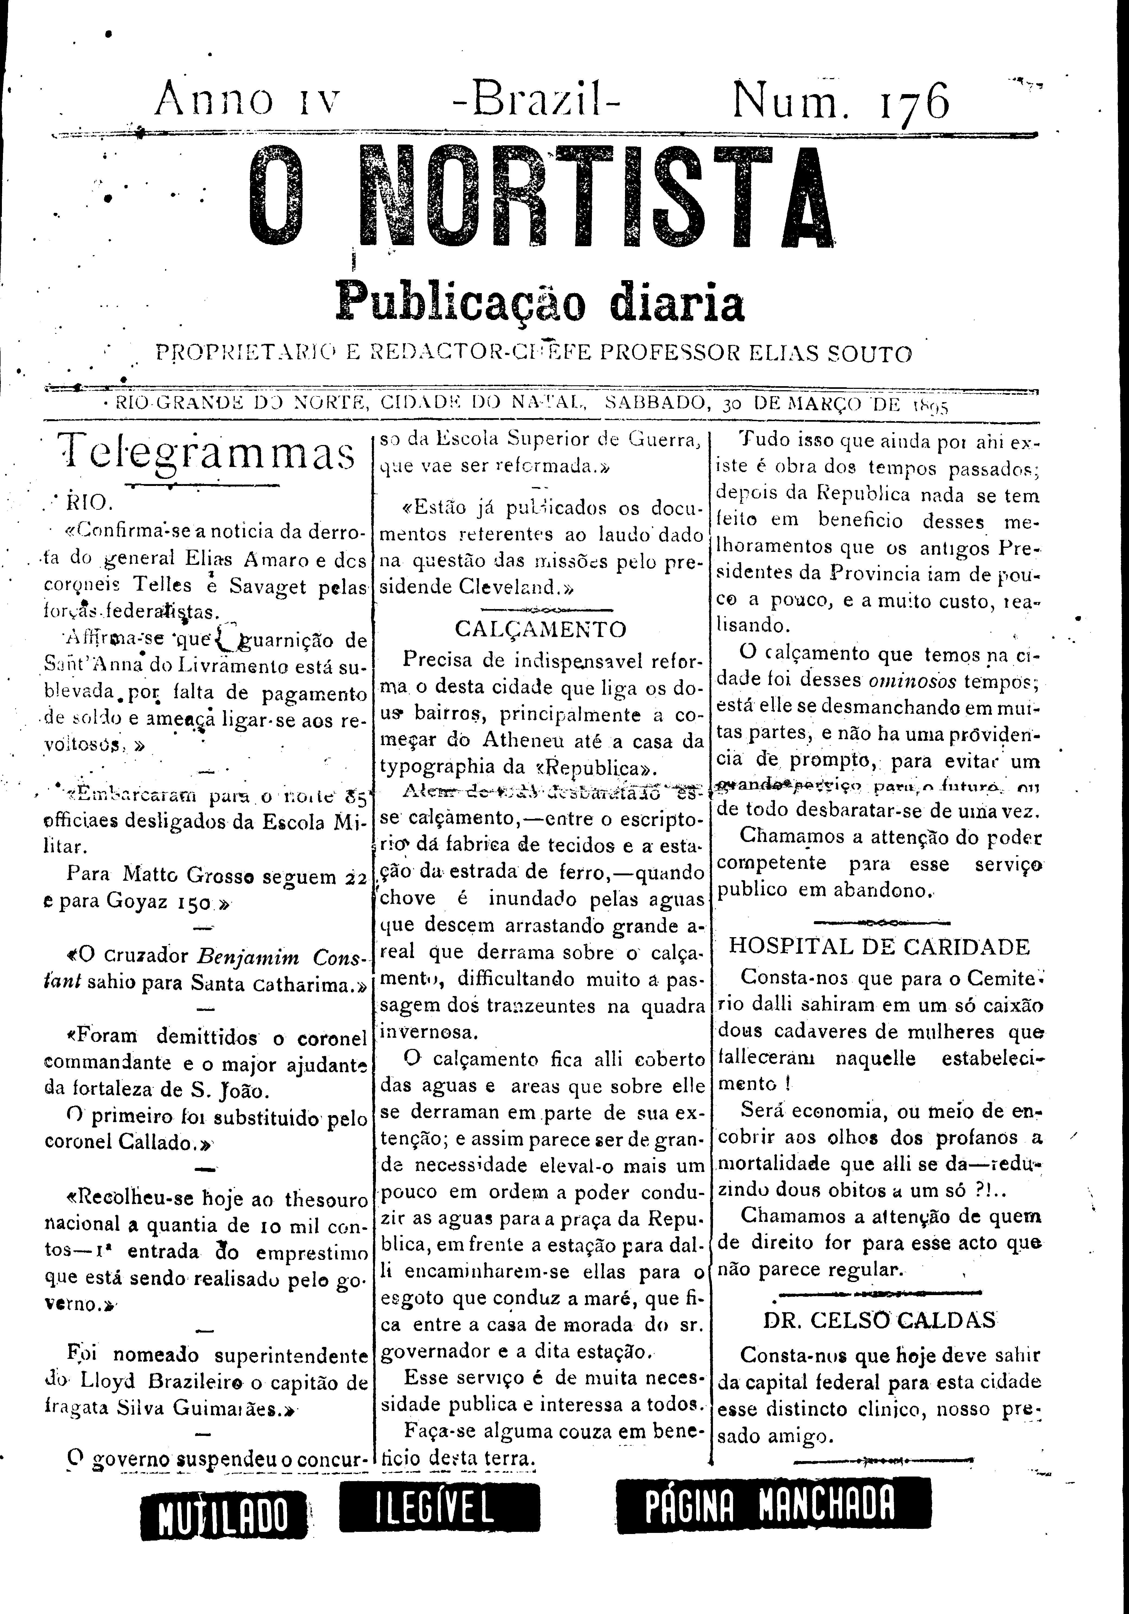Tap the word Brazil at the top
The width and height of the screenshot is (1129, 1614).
click(x=536, y=101)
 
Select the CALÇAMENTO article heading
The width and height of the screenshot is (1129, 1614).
click(x=540, y=629)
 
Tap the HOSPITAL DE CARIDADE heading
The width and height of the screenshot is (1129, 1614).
click(x=879, y=946)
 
